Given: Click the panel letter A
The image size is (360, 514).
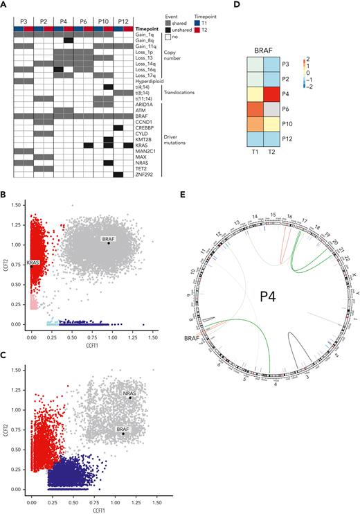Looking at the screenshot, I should point(4,4).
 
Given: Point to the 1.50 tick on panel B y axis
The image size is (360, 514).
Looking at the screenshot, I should point(18,206).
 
